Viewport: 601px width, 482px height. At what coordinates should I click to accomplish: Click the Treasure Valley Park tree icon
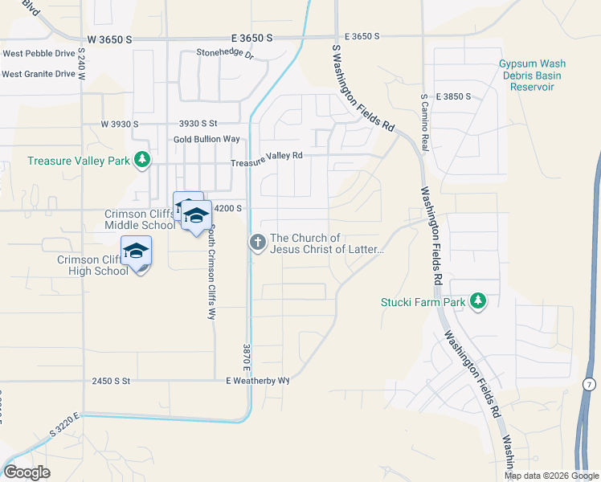(142, 160)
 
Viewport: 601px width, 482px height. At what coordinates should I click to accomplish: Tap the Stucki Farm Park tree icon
(479, 300)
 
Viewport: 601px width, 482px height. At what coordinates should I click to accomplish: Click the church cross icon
(258, 242)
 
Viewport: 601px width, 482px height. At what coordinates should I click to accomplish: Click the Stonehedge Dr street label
(225, 56)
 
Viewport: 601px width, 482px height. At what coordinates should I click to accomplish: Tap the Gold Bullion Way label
(206, 139)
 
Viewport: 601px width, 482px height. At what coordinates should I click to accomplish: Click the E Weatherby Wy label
(257, 381)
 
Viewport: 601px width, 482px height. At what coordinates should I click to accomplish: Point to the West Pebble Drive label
(39, 54)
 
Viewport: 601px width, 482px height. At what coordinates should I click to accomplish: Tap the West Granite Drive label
(39, 74)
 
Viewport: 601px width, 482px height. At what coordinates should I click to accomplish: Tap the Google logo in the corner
(27, 472)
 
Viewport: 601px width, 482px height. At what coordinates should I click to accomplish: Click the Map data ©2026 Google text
(550, 476)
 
